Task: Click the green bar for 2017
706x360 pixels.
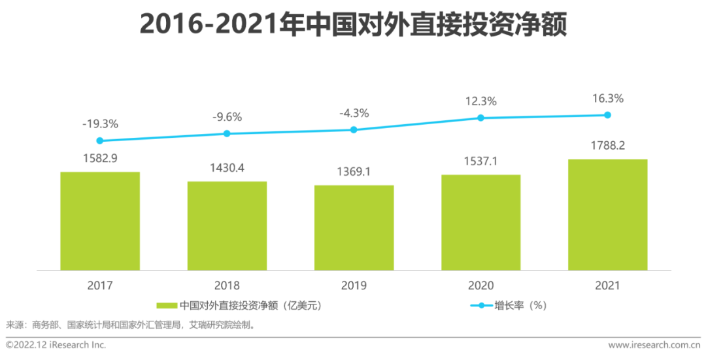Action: [x=100, y=221]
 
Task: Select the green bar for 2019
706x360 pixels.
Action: [x=354, y=227]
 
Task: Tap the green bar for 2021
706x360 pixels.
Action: [x=607, y=214]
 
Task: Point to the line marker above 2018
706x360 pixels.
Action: [x=227, y=133]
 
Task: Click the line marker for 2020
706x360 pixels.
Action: [x=480, y=118]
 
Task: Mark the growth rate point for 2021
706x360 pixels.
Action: [x=607, y=115]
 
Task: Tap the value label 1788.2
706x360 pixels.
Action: [x=607, y=146]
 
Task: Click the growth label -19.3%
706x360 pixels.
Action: [x=100, y=123]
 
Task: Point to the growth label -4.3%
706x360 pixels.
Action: [x=354, y=113]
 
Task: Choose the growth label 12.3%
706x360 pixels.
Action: [x=480, y=101]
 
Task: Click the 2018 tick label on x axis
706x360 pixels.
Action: [x=227, y=286]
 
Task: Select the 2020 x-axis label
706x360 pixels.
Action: [x=480, y=286]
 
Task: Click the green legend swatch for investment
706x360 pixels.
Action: [x=167, y=305]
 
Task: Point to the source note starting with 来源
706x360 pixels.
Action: [x=130, y=325]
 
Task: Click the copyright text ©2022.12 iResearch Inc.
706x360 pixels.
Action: [x=56, y=345]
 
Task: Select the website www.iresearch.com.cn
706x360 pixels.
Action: [x=654, y=345]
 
